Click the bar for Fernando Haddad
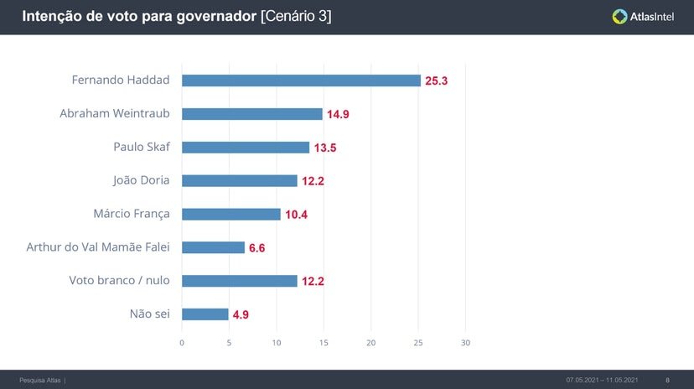(x=301, y=80)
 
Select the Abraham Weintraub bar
(x=251, y=114)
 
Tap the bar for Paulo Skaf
(x=246, y=148)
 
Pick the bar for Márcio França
(x=230, y=214)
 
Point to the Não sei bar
(x=205, y=314)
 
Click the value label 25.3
(x=437, y=81)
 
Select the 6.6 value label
(x=256, y=248)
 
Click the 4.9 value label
(x=241, y=315)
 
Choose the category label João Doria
(x=141, y=180)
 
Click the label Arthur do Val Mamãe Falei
(x=98, y=247)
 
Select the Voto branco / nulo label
(x=119, y=281)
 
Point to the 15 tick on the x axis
(x=324, y=343)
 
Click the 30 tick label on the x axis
(x=466, y=343)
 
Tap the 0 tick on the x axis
(x=182, y=343)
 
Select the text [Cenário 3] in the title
(x=296, y=16)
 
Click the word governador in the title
(x=215, y=16)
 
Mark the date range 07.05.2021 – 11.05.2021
(x=602, y=380)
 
